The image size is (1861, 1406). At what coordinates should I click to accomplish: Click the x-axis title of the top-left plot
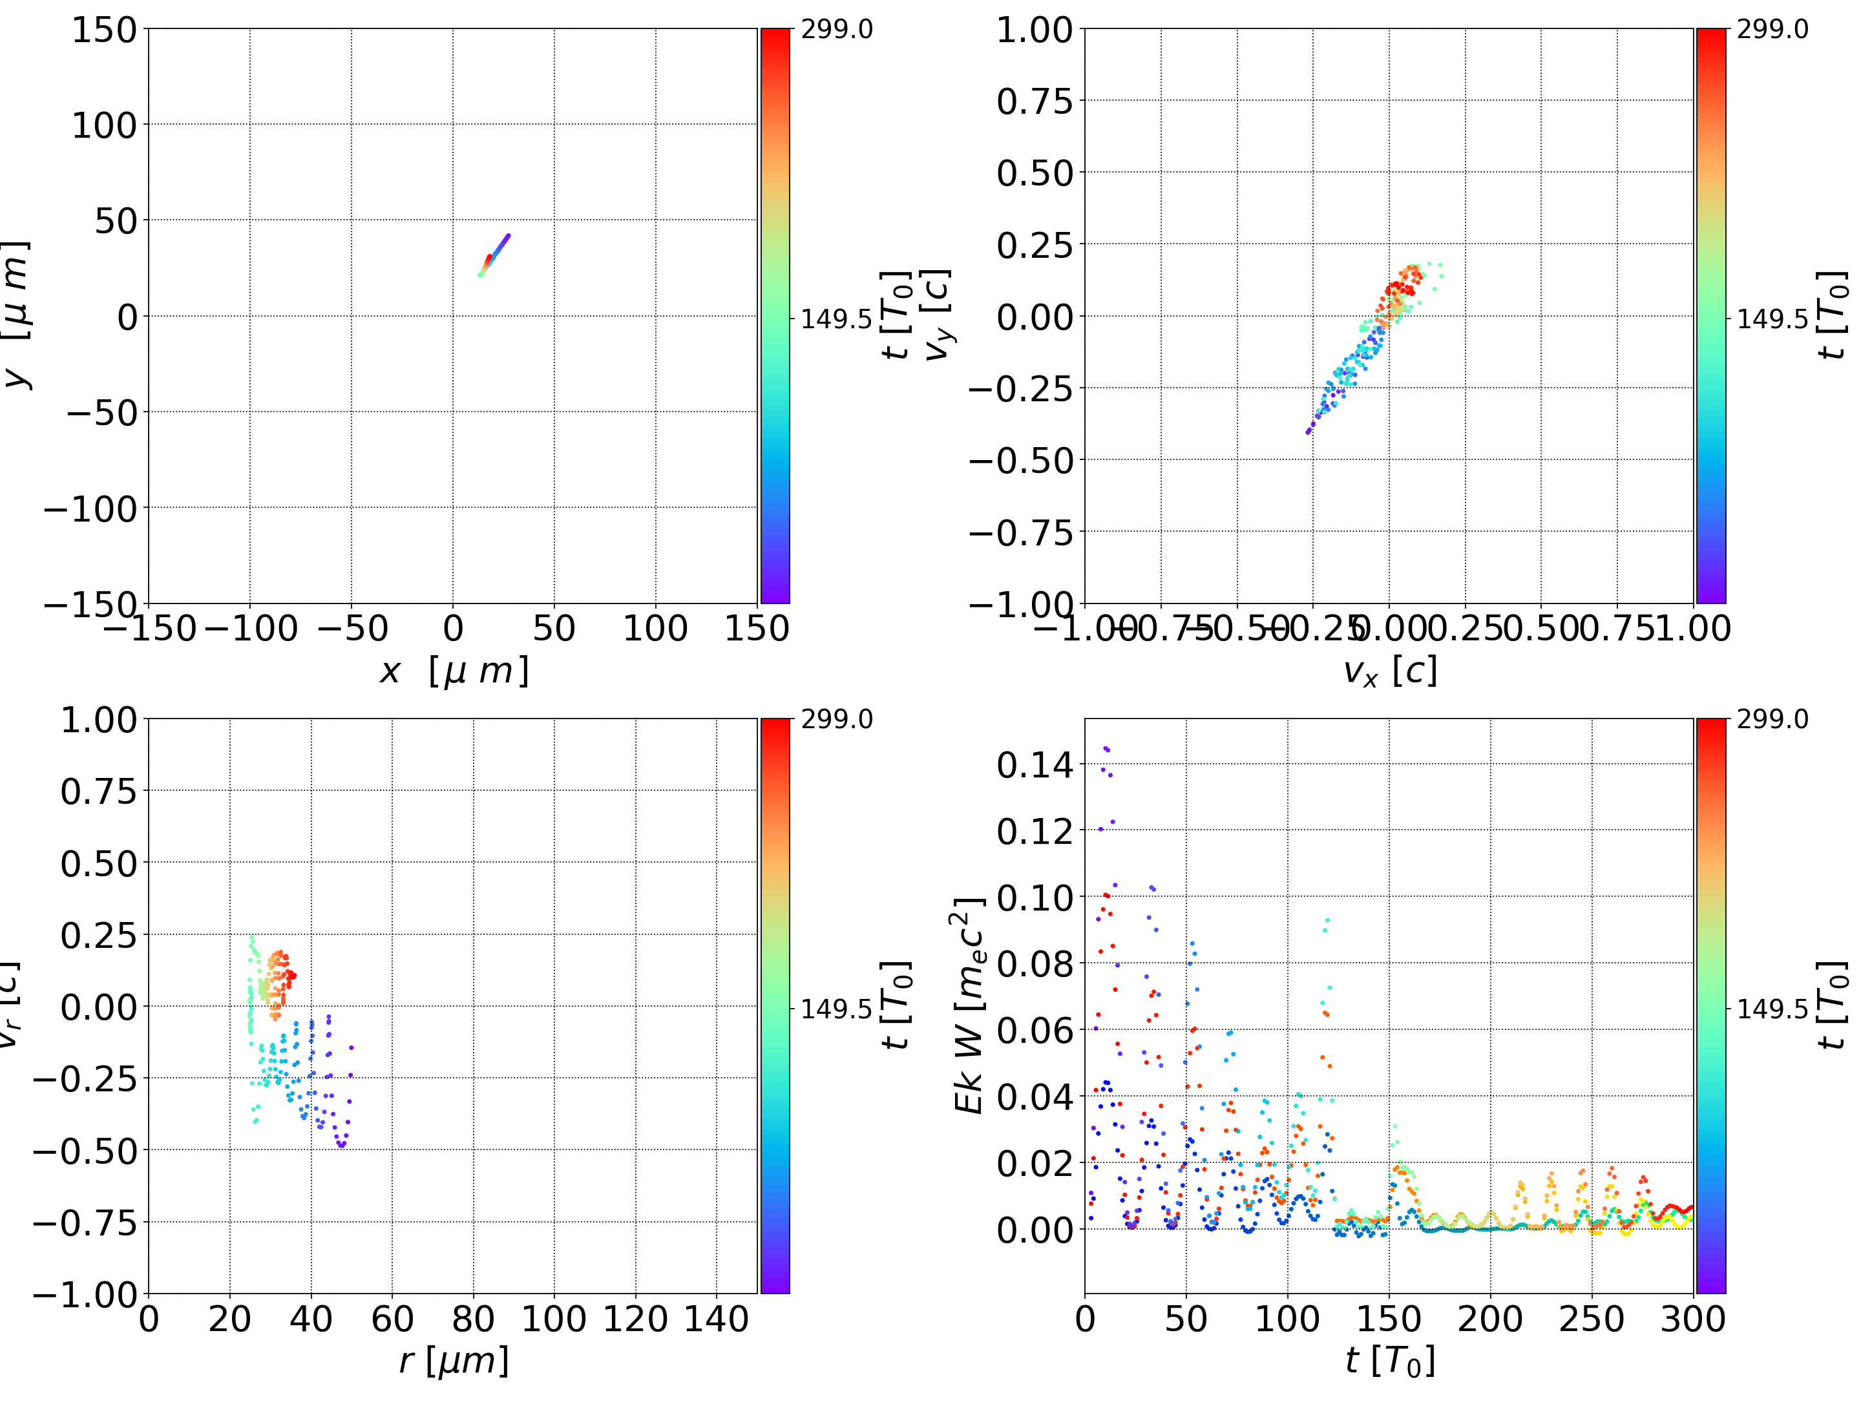[454, 671]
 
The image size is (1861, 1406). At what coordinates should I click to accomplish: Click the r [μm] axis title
[454, 1361]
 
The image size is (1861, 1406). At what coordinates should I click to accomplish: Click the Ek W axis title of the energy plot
[970, 1005]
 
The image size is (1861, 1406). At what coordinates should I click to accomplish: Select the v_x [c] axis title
[1389, 671]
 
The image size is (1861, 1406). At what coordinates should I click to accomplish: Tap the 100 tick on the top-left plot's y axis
[103, 125]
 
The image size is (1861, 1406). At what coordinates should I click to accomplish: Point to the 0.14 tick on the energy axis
[1035, 765]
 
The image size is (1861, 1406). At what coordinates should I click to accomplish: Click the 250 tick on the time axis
[1591, 1319]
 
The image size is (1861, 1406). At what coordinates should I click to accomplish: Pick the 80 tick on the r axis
[473, 1319]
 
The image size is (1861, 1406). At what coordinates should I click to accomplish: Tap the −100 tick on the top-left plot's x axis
[251, 629]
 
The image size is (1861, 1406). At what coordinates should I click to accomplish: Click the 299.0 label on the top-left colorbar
[836, 30]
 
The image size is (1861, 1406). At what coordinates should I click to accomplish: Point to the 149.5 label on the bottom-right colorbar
[1772, 1009]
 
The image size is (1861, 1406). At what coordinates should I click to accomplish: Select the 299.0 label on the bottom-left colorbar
[836, 719]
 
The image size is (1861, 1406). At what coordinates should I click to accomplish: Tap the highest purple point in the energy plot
[1106, 748]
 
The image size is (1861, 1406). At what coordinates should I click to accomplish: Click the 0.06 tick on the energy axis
[1035, 1030]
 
